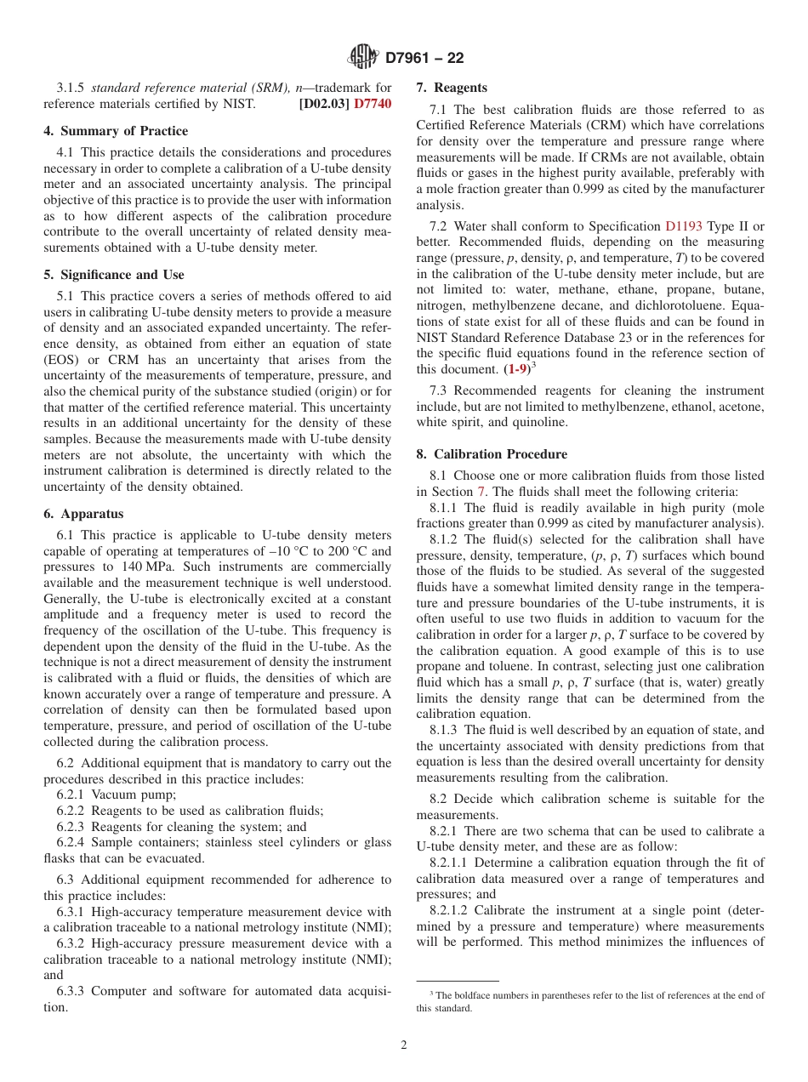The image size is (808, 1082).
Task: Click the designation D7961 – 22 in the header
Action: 424,58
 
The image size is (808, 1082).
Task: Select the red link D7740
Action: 373,104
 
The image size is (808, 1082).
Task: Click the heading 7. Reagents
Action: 452,88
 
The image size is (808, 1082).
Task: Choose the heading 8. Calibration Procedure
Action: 492,454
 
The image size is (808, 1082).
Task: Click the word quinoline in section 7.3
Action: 540,422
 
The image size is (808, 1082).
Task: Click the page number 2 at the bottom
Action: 404,1045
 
